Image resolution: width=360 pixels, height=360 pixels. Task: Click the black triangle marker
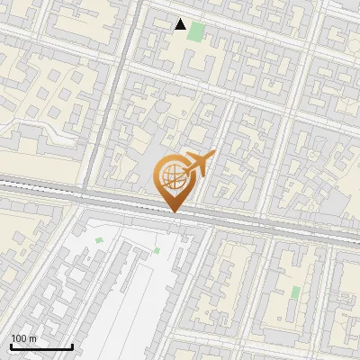click(x=181, y=24)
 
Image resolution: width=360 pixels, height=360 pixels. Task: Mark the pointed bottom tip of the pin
click(x=174, y=211)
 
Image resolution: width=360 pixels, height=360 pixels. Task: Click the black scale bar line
click(x=41, y=347)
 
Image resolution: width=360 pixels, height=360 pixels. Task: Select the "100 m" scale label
click(x=23, y=338)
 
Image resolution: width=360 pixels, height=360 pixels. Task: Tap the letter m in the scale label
click(x=32, y=339)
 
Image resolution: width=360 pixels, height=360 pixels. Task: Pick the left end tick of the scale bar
click(x=11, y=346)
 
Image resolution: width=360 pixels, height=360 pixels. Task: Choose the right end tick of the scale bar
click(x=72, y=346)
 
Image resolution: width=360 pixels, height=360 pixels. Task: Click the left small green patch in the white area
click(x=99, y=240)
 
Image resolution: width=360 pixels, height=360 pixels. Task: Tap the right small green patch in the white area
click(x=157, y=250)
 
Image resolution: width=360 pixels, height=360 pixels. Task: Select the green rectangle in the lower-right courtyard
click(x=295, y=292)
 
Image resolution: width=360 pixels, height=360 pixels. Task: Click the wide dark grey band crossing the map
click(x=270, y=226)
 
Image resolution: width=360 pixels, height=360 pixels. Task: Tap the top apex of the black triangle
click(x=181, y=19)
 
